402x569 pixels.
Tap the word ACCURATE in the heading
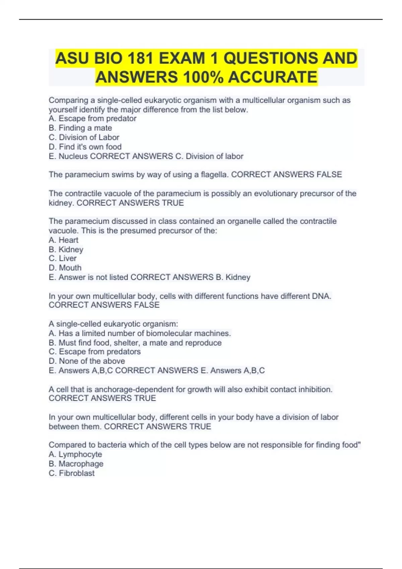[273, 77]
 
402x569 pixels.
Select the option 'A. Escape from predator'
[92, 118]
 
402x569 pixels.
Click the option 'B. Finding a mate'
[80, 128]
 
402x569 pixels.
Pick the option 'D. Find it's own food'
[85, 147]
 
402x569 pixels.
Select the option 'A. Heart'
[64, 240]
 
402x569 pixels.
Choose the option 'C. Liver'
[63, 258]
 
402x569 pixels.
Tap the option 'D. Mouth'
[65, 268]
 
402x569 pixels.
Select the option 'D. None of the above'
[87, 361]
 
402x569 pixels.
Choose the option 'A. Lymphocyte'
[75, 454]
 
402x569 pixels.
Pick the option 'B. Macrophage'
[76, 464]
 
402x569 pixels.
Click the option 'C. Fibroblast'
[72, 473]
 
